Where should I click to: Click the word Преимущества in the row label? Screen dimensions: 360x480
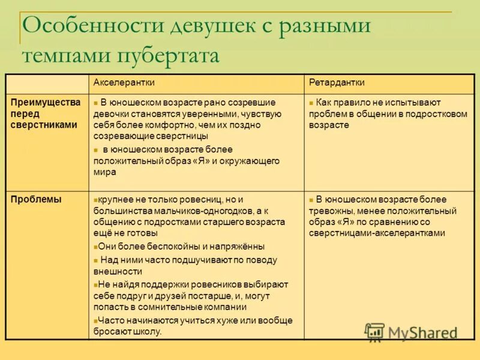click(x=46, y=102)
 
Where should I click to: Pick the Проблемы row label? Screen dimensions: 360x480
click(x=36, y=200)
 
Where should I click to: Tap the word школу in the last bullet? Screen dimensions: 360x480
click(x=147, y=331)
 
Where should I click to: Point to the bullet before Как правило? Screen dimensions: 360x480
click(x=311, y=103)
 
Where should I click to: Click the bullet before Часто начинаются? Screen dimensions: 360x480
click(x=95, y=320)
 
